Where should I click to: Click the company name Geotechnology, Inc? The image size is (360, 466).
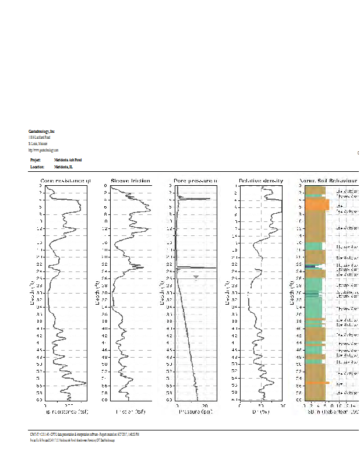point(41,132)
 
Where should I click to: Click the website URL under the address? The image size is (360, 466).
point(43,150)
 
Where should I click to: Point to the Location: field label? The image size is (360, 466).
point(37,167)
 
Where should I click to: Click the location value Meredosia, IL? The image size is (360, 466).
point(64,167)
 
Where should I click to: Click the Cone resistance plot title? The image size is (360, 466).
point(65,181)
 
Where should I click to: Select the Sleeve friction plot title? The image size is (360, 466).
point(130,181)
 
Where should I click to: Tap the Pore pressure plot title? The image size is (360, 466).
point(195,181)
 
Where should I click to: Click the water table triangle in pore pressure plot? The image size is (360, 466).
point(196,276)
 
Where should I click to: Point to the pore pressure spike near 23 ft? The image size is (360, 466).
point(204,267)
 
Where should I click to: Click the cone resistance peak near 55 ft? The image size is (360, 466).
point(84,383)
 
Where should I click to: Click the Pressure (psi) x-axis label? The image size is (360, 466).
point(195,412)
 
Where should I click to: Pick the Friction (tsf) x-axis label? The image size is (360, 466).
point(130,412)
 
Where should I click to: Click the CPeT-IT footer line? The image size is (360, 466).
point(84,434)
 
